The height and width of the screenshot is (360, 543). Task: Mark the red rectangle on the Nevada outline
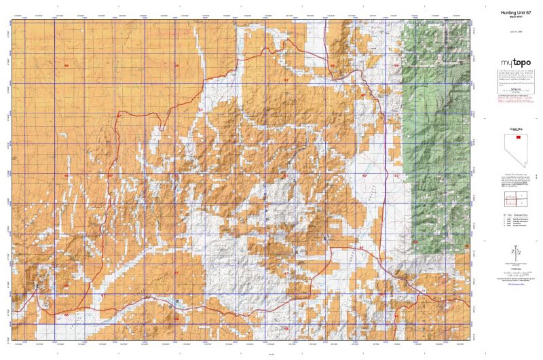518,137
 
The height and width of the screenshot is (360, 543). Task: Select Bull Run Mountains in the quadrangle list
519,219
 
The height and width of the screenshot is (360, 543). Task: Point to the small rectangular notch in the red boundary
162,128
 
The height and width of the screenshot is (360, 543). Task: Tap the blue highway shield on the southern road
177,301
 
